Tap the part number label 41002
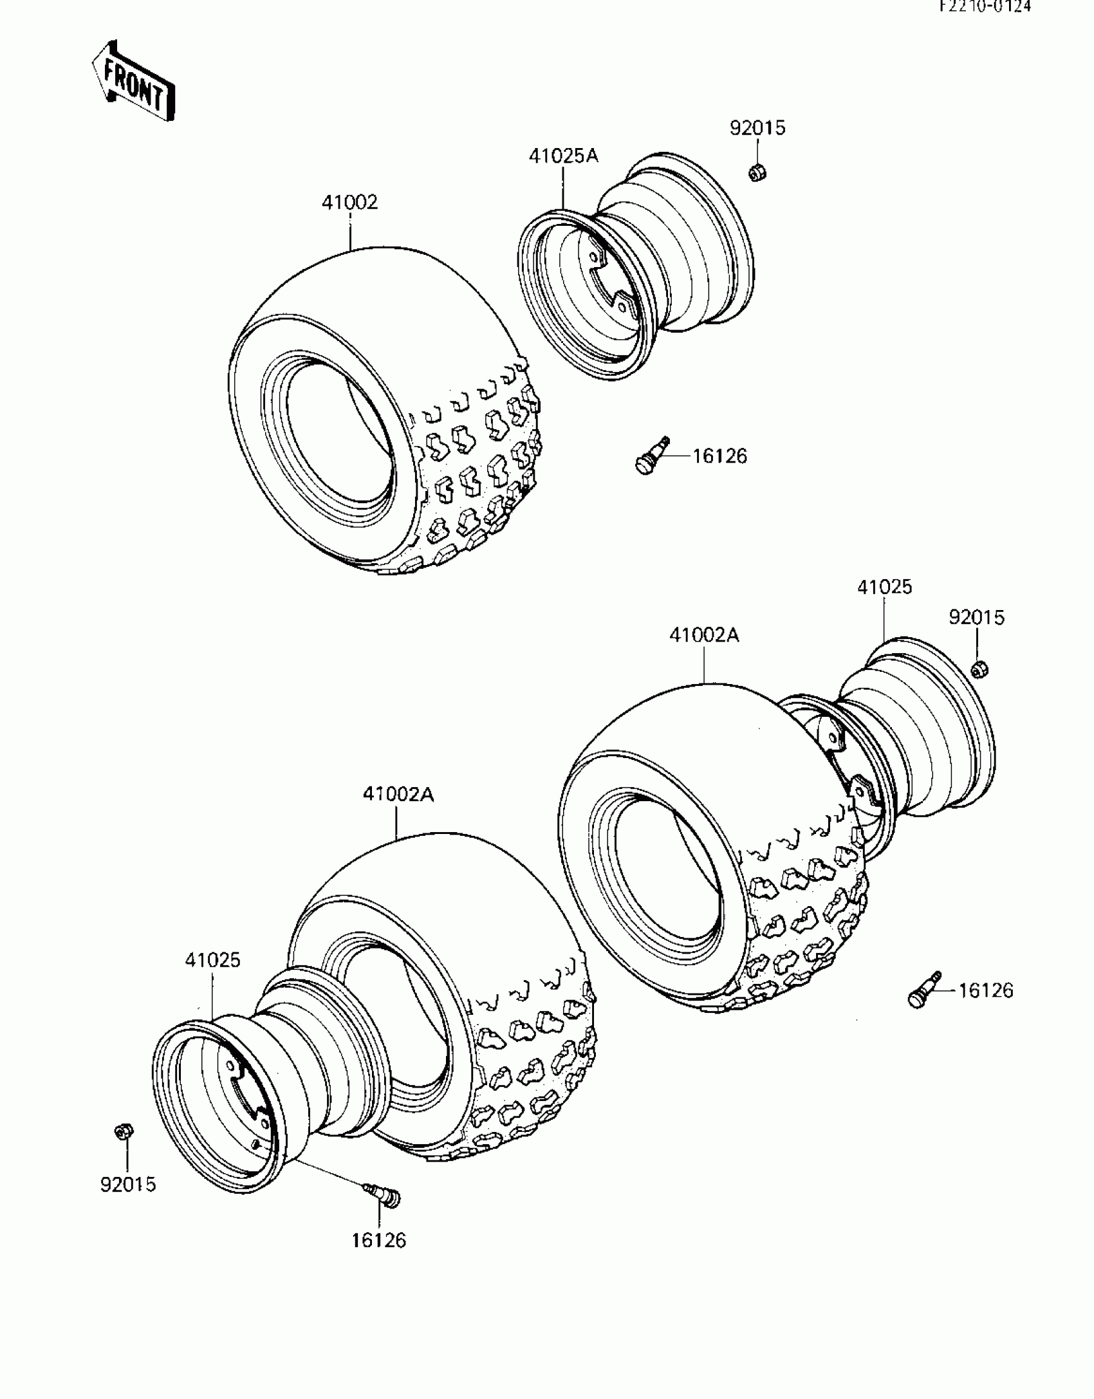(x=349, y=203)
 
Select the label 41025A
(x=563, y=156)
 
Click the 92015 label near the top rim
(x=757, y=128)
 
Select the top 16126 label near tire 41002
(x=719, y=456)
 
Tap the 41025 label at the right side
(x=884, y=587)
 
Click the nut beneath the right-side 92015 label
(x=979, y=670)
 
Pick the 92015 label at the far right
(x=976, y=618)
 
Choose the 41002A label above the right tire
(x=704, y=635)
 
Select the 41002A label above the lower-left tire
(x=398, y=795)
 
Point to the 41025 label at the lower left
(x=212, y=978)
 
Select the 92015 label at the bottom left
(x=128, y=1184)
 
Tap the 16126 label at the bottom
(x=379, y=1240)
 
